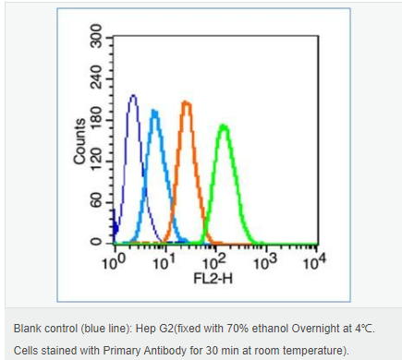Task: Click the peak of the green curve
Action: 224,126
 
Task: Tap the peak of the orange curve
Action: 186,102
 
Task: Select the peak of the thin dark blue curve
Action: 133,96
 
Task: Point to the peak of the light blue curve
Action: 154,112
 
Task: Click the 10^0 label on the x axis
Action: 114,261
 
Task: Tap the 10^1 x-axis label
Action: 164,261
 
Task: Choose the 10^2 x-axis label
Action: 214,261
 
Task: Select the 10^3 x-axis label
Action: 265,261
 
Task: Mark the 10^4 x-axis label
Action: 314,261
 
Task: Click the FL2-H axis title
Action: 213,279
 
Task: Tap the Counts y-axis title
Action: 79,141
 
